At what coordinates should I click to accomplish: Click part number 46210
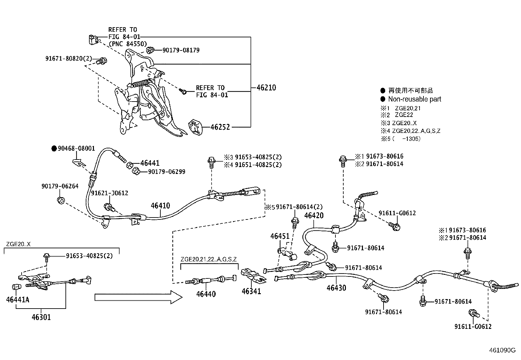point(266,88)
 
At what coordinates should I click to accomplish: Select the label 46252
point(220,127)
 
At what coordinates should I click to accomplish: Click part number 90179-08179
point(181,50)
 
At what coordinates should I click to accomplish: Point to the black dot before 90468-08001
point(54,149)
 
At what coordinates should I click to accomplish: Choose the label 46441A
point(18,299)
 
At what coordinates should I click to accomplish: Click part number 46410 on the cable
point(160,206)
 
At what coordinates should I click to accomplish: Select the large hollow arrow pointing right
point(138,297)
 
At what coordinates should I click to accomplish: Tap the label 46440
point(206,294)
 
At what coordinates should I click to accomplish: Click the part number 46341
point(251,291)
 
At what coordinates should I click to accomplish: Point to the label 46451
point(280,236)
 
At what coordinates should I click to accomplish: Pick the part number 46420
point(314,216)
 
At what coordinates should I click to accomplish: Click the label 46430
point(336,288)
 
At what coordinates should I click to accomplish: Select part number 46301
point(41,317)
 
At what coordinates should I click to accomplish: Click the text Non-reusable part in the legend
point(415,99)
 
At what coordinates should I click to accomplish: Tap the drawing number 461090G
point(502,350)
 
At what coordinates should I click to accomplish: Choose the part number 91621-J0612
point(109,193)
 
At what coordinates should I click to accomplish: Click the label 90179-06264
point(60,186)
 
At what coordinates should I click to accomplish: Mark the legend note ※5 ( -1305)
point(401,139)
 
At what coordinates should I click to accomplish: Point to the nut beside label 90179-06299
point(136,171)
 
